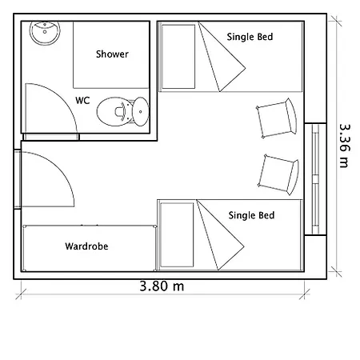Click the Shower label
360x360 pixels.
click(112, 54)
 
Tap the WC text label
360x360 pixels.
click(82, 101)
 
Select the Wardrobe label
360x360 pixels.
click(86, 246)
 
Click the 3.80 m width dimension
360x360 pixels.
click(162, 286)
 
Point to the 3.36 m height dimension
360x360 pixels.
click(344, 146)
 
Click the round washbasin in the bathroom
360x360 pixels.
click(45, 33)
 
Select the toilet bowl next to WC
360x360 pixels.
click(114, 111)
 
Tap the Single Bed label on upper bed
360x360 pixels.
click(250, 37)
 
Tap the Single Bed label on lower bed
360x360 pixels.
click(251, 215)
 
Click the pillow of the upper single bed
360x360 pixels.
click(178, 57)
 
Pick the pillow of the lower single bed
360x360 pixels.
click(177, 234)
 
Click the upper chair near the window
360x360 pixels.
click(277, 118)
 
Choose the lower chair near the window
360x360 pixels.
click(278, 174)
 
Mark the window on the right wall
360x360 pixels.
click(315, 179)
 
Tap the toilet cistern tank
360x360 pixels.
click(141, 111)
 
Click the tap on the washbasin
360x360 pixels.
click(45, 25)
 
